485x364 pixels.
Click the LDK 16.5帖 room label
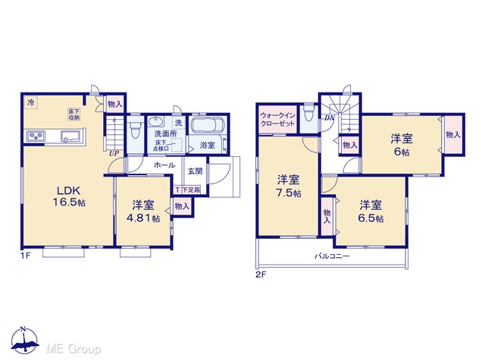(x=69, y=196)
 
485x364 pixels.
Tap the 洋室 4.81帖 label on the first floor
(x=143, y=212)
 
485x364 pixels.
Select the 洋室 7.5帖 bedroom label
(x=288, y=187)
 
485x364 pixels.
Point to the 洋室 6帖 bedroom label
(x=402, y=145)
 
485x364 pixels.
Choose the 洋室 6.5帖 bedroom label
(x=371, y=212)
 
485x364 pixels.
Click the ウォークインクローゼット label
(x=278, y=120)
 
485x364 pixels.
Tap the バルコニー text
(x=332, y=256)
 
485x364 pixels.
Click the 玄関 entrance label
(x=196, y=171)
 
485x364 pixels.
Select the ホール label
(x=164, y=165)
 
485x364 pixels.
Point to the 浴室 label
(x=207, y=145)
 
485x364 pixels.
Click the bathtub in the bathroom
(x=206, y=125)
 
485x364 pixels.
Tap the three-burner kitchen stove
(x=36, y=136)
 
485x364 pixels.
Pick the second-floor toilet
(x=309, y=115)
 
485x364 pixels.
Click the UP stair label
(x=114, y=153)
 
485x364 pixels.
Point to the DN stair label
(x=330, y=118)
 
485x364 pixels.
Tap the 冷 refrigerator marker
(x=31, y=102)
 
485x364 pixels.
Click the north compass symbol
(x=24, y=340)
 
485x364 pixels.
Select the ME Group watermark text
(x=74, y=350)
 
